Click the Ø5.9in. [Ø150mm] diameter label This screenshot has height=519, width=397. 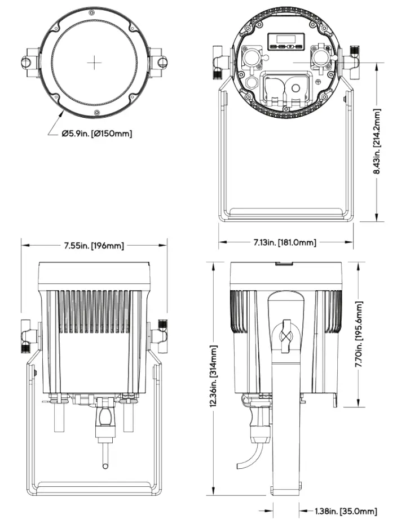97,134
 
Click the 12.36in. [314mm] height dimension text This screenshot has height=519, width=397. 214,379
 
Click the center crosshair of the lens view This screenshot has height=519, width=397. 94,62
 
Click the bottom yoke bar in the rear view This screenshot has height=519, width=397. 286,214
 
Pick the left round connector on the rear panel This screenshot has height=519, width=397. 249,56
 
